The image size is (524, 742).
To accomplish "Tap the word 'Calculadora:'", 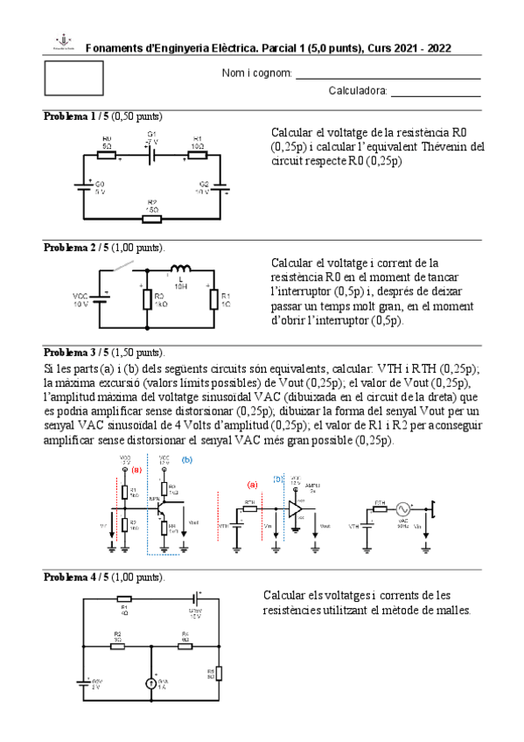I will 357,90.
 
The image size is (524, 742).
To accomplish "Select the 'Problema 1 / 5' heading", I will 75,116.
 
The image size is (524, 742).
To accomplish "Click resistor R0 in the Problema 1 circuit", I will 107,155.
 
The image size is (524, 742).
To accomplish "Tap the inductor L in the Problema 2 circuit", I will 181,269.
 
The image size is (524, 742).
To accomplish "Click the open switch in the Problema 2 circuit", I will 124,266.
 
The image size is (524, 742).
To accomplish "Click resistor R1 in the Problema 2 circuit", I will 213,300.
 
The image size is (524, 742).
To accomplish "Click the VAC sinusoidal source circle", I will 403,507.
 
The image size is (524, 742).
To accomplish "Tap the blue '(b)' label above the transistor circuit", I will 185,459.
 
